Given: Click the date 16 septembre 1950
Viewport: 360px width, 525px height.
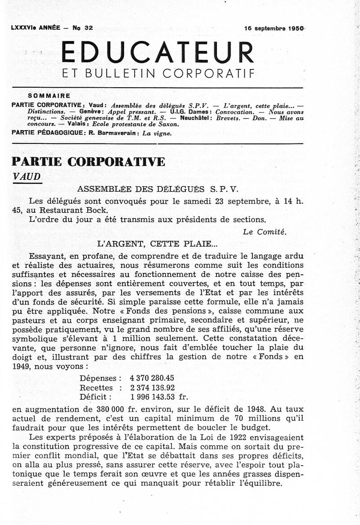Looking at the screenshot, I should coord(274,28).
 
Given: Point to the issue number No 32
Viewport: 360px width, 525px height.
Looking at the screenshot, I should coord(82,28).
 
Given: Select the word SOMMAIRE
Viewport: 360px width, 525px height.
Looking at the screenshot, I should coord(49,95).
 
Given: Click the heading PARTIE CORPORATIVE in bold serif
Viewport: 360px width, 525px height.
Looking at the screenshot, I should coord(88,162).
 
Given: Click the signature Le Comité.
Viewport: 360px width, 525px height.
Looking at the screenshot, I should coord(264,232).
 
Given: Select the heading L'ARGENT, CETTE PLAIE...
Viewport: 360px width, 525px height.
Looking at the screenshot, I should coord(157,244).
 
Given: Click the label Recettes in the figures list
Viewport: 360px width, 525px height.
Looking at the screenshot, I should coord(96,388).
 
